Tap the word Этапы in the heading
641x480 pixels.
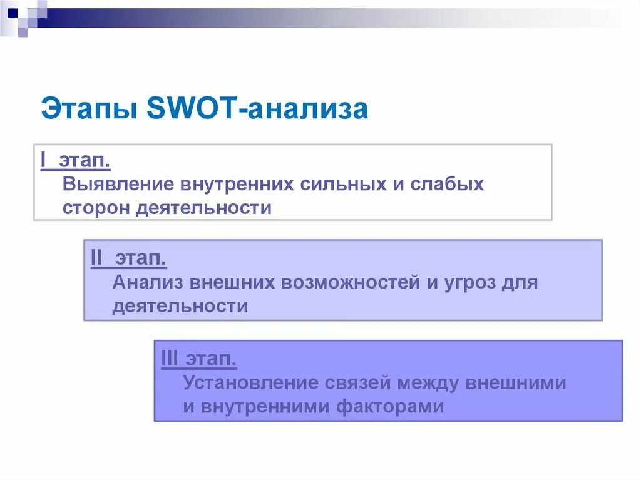(88, 108)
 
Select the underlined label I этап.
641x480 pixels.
(76, 161)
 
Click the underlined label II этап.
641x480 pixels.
(128, 258)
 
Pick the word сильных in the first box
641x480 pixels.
(350, 185)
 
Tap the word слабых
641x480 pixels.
(448, 185)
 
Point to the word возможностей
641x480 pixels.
(350, 283)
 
